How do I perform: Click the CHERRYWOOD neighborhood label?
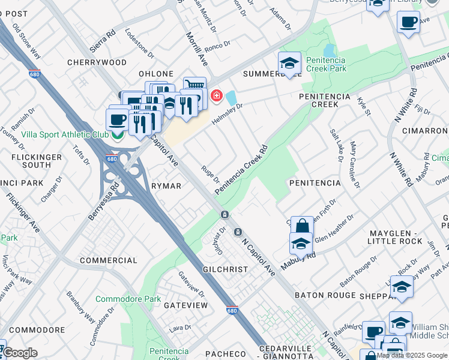97,62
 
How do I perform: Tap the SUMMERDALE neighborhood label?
271,74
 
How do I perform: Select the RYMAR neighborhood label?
166,186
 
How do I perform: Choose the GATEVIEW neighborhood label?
185,305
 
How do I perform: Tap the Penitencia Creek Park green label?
327,64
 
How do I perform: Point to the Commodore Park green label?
128,299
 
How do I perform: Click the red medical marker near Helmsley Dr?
215,96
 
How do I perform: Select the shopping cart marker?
194,86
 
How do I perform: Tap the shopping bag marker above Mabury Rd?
302,226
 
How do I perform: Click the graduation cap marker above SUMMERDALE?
289,62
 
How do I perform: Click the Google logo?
20,353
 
